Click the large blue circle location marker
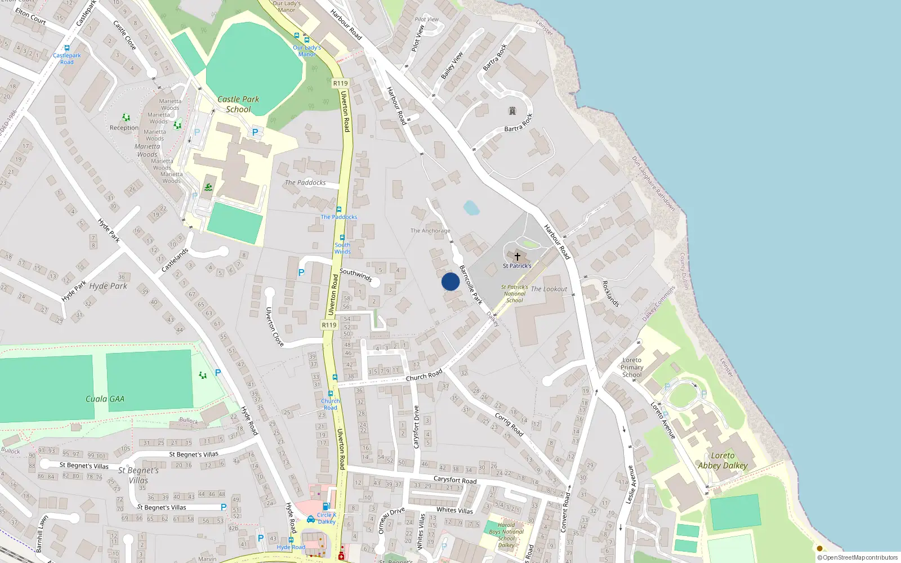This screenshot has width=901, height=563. tap(450, 281)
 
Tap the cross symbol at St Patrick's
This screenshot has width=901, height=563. tap(517, 257)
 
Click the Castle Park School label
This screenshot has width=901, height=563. tap(238, 104)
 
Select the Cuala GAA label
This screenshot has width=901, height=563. tap(105, 399)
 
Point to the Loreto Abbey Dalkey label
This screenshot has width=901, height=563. tap(722, 461)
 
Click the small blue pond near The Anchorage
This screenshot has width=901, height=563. tap(471, 208)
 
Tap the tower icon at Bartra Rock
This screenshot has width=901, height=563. tap(512, 111)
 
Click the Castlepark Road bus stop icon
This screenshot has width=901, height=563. tap(67, 48)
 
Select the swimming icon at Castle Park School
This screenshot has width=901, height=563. tap(208, 187)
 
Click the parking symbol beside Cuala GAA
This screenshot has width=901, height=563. tap(218, 373)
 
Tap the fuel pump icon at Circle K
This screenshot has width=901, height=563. tap(326, 506)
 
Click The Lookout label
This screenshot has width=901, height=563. tap(549, 289)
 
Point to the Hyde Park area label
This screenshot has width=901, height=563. tap(108, 286)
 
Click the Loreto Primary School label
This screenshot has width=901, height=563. tap(632, 367)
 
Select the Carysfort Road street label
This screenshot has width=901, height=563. tap(455, 480)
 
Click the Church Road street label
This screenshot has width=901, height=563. tap(424, 376)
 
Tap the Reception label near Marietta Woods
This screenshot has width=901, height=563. tap(124, 128)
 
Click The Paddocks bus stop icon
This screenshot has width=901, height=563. tap(338, 209)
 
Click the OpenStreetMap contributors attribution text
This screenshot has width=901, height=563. tap(858, 557)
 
